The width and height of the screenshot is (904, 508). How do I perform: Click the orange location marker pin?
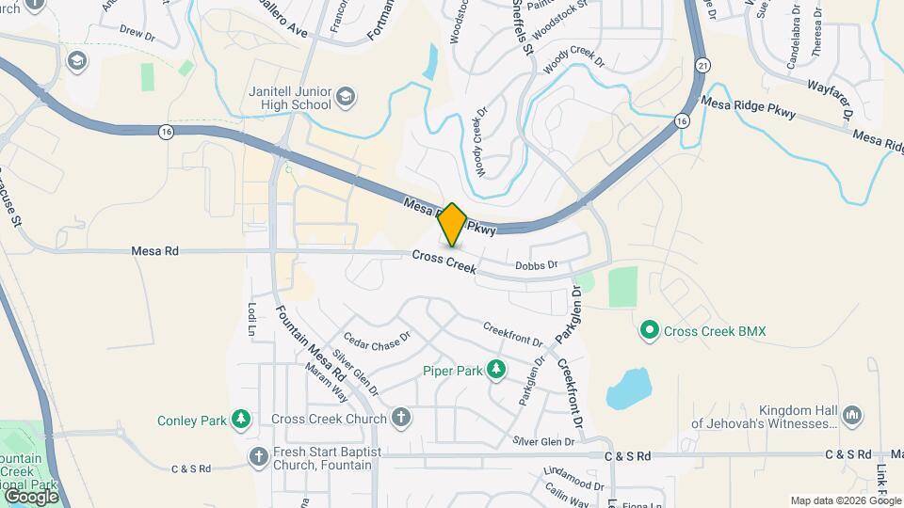[453, 224]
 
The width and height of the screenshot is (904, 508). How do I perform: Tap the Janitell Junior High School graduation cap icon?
[347, 96]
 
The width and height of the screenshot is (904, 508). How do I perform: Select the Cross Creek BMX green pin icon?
[649, 331]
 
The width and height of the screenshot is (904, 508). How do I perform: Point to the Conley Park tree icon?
[242, 419]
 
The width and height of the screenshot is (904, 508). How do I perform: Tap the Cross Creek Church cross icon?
[401, 419]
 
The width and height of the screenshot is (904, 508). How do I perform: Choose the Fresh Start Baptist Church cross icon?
[260, 456]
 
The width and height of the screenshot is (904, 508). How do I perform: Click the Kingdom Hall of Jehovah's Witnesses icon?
[852, 415]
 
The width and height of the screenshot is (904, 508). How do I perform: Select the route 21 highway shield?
[703, 64]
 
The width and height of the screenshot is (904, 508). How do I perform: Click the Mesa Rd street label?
[155, 251]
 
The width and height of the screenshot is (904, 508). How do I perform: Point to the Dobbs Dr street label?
[537, 266]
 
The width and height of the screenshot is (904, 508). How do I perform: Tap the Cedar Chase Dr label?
[377, 340]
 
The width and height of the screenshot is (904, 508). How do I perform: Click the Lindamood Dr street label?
[573, 478]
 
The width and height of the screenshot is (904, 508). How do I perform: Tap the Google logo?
[31, 496]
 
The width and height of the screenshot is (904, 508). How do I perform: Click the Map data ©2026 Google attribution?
[845, 500]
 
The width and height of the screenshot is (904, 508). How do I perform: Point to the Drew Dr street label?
[137, 32]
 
